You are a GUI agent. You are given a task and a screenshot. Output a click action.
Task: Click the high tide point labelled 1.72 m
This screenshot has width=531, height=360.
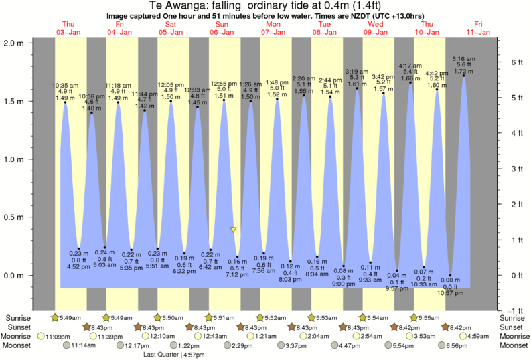point(463,76)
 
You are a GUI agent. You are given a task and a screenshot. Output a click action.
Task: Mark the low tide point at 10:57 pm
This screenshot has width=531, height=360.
point(450,275)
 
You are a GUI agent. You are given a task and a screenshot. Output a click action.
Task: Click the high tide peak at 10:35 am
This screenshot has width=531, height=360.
point(66,102)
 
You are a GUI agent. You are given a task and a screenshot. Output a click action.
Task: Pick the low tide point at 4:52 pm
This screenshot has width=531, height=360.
point(78,248)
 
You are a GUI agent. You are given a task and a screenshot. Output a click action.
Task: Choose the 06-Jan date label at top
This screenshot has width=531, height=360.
point(222,32)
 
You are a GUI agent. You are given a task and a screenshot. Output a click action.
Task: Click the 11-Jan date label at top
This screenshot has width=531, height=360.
point(478,32)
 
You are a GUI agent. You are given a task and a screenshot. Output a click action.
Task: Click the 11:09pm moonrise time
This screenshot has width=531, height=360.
point(58,336)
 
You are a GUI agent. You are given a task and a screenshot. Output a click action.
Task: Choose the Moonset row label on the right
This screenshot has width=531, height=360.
point(514,345)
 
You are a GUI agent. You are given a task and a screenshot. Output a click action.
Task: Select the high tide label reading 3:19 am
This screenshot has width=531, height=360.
point(356,71)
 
